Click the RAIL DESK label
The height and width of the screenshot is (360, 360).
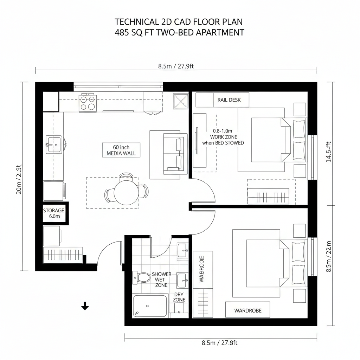tap(229, 100)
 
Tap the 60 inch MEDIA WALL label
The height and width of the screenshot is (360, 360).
tap(121, 150)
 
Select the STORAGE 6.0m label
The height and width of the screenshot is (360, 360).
tap(54, 213)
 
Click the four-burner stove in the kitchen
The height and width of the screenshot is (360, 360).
tap(88, 103)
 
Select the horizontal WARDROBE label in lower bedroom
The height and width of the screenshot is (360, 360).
tap(247, 310)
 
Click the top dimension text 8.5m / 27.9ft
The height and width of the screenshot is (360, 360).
tap(176, 67)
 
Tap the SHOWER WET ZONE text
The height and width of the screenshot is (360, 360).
tap(161, 279)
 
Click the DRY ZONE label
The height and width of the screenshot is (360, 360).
tap(179, 297)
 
